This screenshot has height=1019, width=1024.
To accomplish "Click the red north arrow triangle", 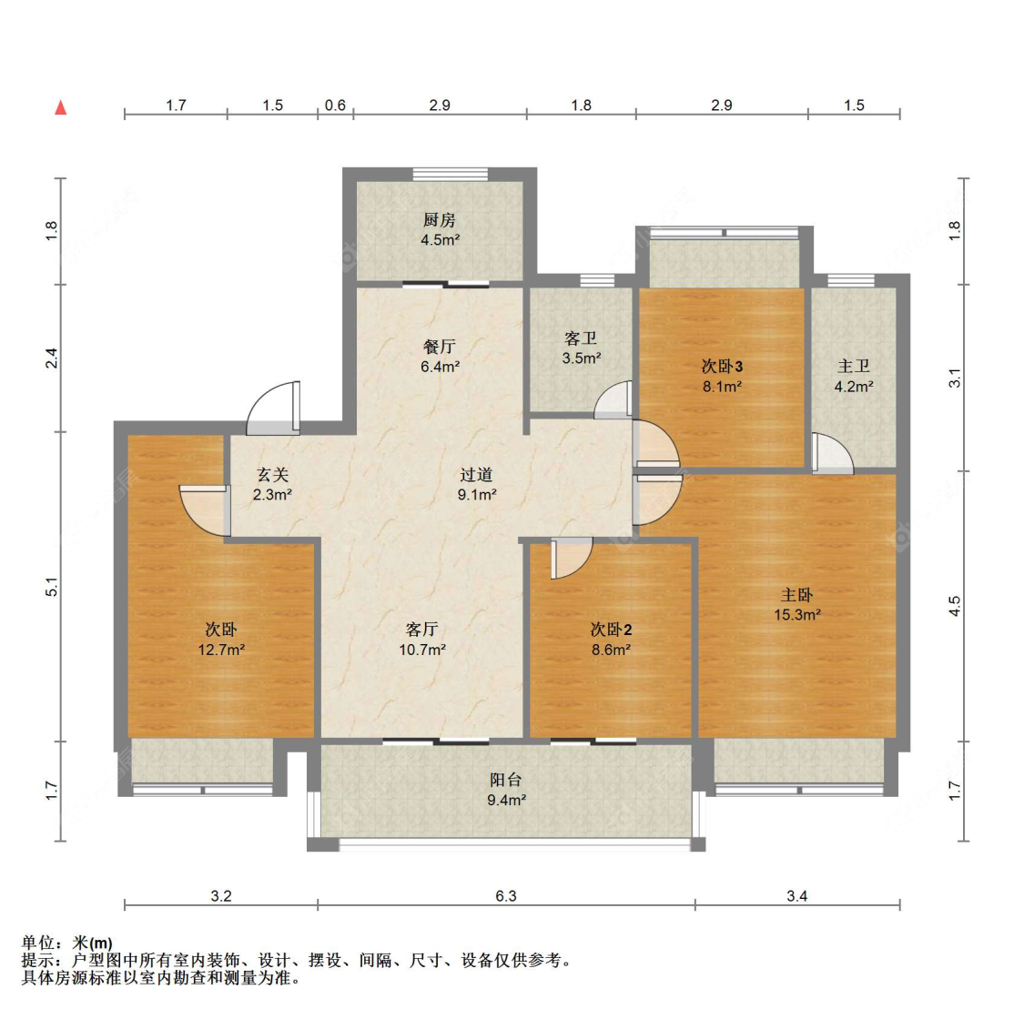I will pos(61,107).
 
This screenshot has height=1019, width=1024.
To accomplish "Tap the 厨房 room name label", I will pos(439,220).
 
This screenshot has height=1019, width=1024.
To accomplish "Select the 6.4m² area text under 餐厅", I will pos(440,367).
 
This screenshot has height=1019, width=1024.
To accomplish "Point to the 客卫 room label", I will pos(581,338).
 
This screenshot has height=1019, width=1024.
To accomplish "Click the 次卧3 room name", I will pos(722,366).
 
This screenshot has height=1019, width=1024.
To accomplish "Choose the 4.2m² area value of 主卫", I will pos(854,386).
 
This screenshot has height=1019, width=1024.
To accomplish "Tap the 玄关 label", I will pos(272,475).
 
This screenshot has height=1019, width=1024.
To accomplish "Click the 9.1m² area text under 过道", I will pos(476,495).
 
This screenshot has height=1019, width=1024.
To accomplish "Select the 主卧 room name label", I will pos(796,595).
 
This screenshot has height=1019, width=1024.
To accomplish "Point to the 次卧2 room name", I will pos(611,630).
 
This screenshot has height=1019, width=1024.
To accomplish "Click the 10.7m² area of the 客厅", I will pos(421,650).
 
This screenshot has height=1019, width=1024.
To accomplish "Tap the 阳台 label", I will pos(506,780).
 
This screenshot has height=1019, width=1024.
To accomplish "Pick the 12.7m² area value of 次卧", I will pos(221,650).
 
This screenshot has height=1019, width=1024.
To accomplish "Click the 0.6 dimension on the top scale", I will pos(335,106).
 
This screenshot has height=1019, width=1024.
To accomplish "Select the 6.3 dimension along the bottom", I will pos(506,896).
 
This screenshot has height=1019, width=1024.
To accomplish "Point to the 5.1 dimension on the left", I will pos(52,588).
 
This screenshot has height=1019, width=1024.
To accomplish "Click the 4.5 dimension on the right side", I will pos(954,606).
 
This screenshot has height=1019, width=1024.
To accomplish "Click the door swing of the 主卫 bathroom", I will pos(832,453).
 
